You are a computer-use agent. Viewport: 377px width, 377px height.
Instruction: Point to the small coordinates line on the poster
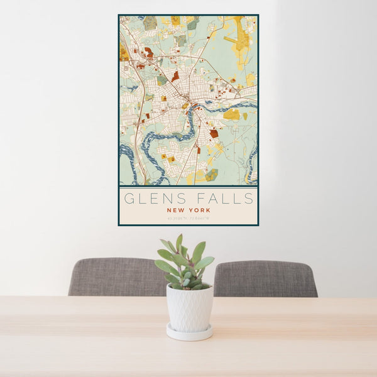pyautogui.click(x=188, y=219)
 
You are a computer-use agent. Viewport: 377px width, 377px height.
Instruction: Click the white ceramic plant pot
pyautogui.click(x=189, y=308)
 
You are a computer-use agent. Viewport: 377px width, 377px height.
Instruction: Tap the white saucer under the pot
pyautogui.click(x=189, y=333)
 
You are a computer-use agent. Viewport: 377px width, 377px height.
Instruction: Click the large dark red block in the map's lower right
pyautogui.click(x=214, y=133)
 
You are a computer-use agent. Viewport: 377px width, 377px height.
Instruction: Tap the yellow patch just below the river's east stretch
pyautogui.click(x=232, y=115)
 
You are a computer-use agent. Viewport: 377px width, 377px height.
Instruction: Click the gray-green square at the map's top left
pyautogui.click(x=150, y=23)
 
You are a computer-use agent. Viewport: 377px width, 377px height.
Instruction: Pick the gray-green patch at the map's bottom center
pyautogui.click(x=212, y=174)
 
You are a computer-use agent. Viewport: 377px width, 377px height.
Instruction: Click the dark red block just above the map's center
pyautogui.click(x=175, y=75)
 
